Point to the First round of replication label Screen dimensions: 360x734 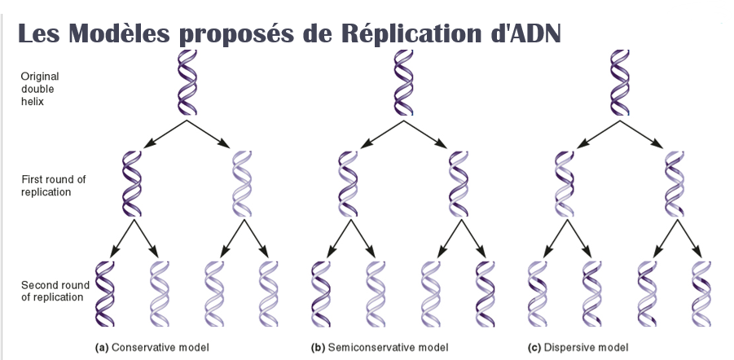[x=54, y=186]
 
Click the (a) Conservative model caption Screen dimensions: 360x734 [x=152, y=347]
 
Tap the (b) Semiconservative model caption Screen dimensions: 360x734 [x=380, y=347]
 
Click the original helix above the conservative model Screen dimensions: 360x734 [x=187, y=82]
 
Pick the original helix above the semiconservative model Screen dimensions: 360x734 [x=405, y=82]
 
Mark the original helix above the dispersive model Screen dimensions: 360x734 [x=622, y=82]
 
